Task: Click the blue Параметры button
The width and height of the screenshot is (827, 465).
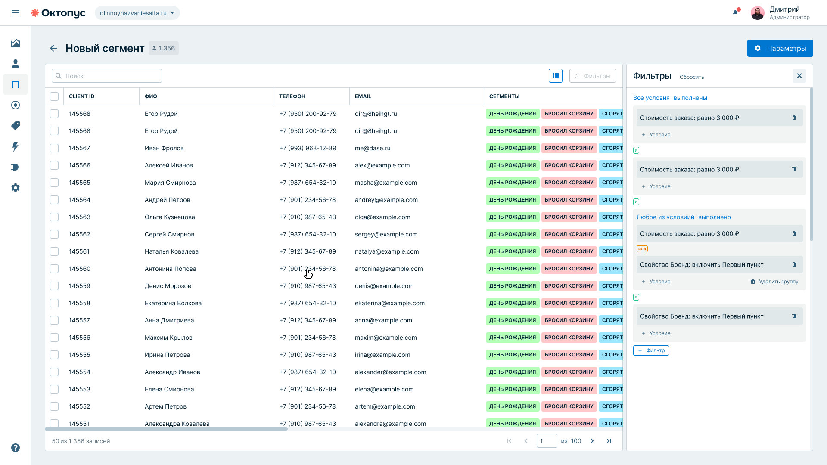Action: click(780, 48)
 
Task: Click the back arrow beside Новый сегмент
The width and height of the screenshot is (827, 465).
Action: click(53, 48)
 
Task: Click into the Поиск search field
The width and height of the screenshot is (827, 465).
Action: click(107, 76)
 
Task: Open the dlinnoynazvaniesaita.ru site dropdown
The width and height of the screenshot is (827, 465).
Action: click(137, 13)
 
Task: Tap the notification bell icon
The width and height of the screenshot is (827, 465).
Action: click(735, 12)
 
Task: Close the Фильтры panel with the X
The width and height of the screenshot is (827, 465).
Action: click(799, 76)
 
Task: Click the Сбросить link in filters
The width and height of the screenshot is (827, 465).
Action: click(692, 77)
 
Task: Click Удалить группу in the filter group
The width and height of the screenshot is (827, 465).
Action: click(774, 282)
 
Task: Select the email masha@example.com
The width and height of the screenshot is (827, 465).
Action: click(386, 183)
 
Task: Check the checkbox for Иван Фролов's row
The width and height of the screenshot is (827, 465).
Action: click(54, 148)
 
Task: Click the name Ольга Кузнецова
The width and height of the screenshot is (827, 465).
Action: click(170, 217)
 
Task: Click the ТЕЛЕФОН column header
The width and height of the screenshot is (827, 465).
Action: click(292, 96)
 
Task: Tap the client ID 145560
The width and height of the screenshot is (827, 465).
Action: click(80, 269)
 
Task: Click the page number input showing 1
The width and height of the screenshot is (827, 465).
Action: click(547, 441)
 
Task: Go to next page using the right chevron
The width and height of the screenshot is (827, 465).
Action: click(592, 441)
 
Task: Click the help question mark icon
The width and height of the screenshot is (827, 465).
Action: click(16, 448)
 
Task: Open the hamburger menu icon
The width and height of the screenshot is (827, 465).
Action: click(16, 13)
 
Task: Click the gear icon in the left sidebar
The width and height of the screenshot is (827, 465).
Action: click(16, 188)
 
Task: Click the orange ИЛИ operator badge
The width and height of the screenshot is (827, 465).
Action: click(642, 249)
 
